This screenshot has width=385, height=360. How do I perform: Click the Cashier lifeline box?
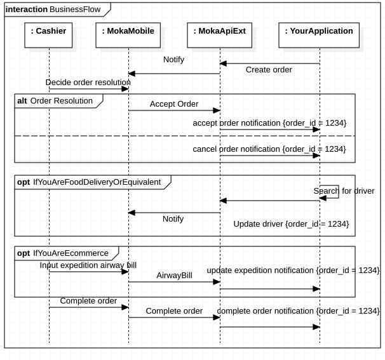click(49, 35)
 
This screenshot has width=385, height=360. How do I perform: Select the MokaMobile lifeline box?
click(128, 35)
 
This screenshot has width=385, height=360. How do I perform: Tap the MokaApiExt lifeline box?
click(220, 35)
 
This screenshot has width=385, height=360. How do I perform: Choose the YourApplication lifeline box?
click(319, 35)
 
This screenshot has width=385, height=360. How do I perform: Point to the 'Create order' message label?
click(269, 70)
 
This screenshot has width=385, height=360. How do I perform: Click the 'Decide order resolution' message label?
click(88, 83)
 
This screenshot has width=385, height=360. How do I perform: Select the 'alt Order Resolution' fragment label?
click(55, 101)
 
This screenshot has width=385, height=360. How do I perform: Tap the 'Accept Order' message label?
click(174, 104)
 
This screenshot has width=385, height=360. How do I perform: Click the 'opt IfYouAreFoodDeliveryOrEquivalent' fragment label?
click(89, 182)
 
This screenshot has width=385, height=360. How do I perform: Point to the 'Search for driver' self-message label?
click(344, 191)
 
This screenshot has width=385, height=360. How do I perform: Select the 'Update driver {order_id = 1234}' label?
click(291, 224)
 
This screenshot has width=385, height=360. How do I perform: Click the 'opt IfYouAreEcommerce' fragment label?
click(63, 253)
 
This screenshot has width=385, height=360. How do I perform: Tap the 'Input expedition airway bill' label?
click(88, 265)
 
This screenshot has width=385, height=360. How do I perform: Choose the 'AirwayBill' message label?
click(174, 276)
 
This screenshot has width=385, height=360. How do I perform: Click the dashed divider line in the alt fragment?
click(184, 136)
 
